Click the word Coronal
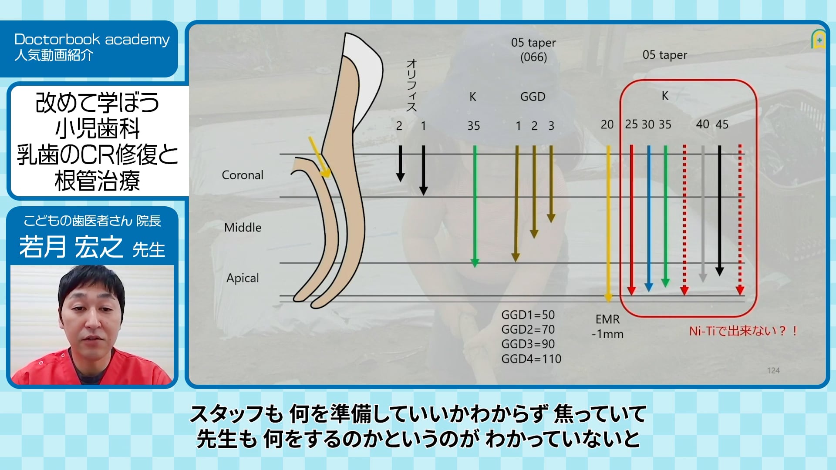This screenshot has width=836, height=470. point(243,175)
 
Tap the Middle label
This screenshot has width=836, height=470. point(243,227)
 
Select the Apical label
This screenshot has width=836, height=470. point(243,278)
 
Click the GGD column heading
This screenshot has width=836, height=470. point(533,97)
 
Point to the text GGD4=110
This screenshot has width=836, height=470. point(531,359)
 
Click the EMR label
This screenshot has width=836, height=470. point(607,319)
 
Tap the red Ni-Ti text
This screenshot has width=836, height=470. point(743,331)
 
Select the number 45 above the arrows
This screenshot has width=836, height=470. point(721,124)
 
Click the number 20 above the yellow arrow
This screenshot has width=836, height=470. point(607,124)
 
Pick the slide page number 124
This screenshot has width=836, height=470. point(773,370)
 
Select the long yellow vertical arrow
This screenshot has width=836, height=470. point(608,224)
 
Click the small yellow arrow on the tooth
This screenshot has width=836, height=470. point(319,157)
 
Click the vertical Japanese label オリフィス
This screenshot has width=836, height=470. point(411,85)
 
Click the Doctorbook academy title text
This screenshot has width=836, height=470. point(92,39)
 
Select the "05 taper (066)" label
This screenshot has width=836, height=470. point(533,50)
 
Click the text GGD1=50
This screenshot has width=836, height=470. point(528,315)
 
